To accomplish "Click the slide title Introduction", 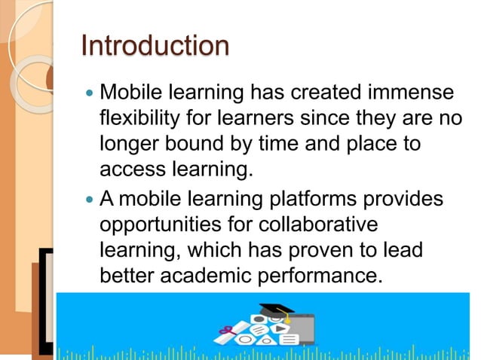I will coord(155,46).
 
